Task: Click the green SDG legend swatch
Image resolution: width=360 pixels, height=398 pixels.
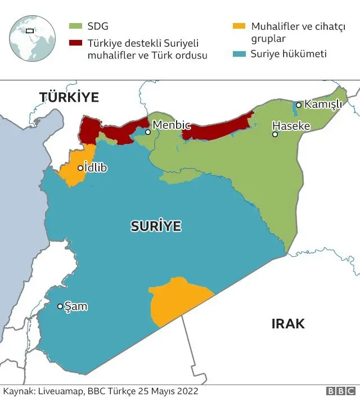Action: point(75,26)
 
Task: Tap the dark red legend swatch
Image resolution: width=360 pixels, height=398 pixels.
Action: point(75,43)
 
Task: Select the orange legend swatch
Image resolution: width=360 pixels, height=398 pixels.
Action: point(238,26)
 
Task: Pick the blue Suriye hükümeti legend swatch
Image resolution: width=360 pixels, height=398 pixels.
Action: point(238,55)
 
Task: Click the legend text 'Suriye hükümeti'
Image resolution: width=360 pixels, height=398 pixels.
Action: point(289,55)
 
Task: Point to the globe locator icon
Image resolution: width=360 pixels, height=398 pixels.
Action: point(33,33)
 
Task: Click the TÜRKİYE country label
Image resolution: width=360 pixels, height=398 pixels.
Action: point(69,97)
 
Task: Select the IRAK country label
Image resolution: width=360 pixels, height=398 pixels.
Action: point(288,324)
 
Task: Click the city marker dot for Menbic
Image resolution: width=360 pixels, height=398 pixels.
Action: point(147,133)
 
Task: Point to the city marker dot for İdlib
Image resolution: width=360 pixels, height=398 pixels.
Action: point(80,168)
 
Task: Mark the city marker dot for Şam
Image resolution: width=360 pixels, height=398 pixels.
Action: point(60,306)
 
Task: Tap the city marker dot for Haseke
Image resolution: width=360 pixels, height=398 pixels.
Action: point(275,134)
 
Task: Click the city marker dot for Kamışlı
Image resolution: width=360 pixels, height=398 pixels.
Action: point(299,105)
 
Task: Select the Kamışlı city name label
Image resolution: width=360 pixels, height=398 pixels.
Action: point(323,105)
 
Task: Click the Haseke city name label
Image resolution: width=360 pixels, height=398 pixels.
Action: point(291,126)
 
